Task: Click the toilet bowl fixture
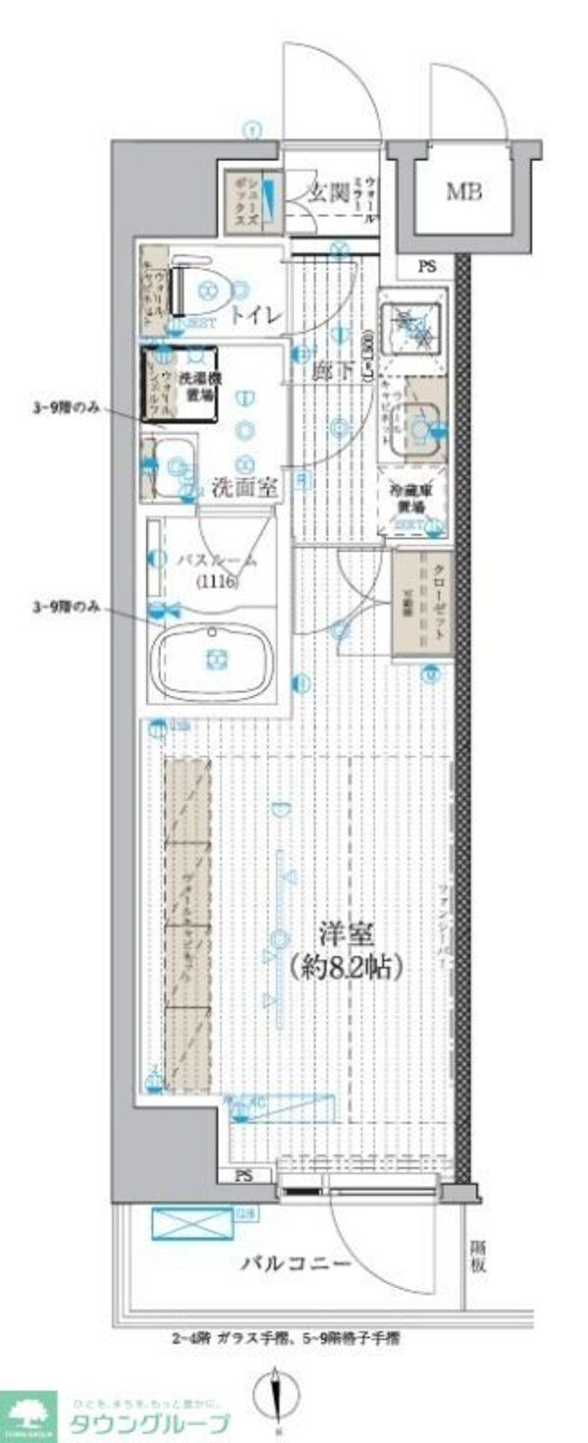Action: [x=207, y=288]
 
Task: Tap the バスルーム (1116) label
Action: [x=217, y=570]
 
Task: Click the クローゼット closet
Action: [x=422, y=602]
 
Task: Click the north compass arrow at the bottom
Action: [x=274, y=1393]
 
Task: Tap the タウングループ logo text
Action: [x=147, y=1423]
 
